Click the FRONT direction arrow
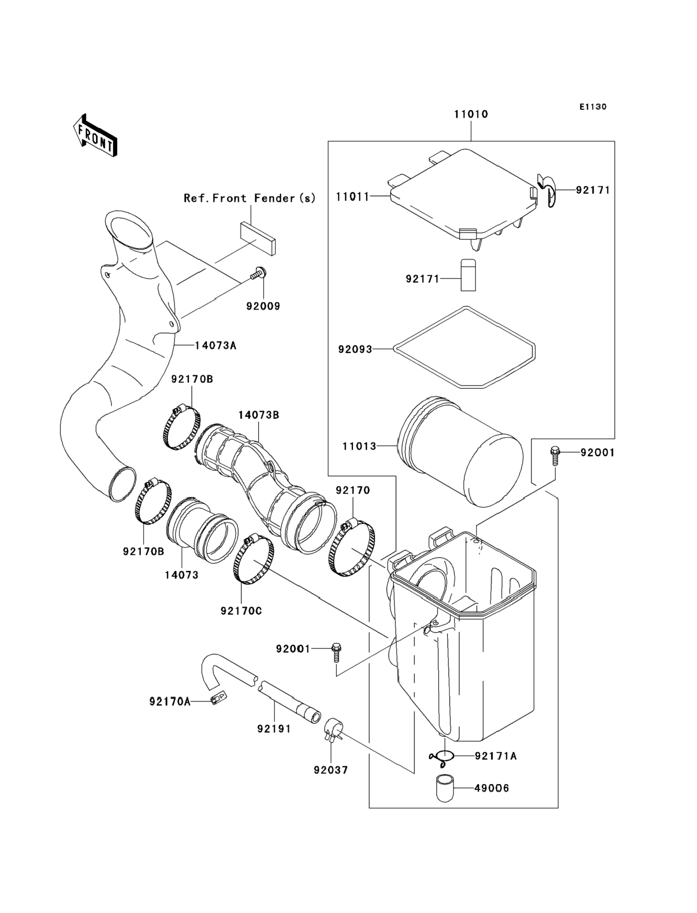95,136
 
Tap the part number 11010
471,114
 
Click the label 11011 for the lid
352,197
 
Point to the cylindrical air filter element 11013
460,451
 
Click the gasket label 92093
355,349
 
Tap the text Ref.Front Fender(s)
250,198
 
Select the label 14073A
215,345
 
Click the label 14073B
258,415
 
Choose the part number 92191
274,728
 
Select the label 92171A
496,756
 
